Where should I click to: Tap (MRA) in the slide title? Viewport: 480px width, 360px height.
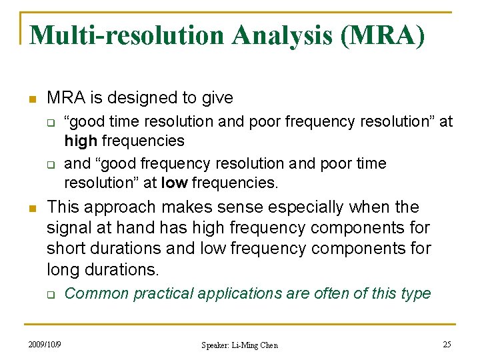382,35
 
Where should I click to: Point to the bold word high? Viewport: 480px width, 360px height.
80,141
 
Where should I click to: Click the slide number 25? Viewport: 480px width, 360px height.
447,344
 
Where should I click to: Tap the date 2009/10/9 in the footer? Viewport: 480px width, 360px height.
45,344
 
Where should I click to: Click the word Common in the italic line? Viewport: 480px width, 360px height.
94,293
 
